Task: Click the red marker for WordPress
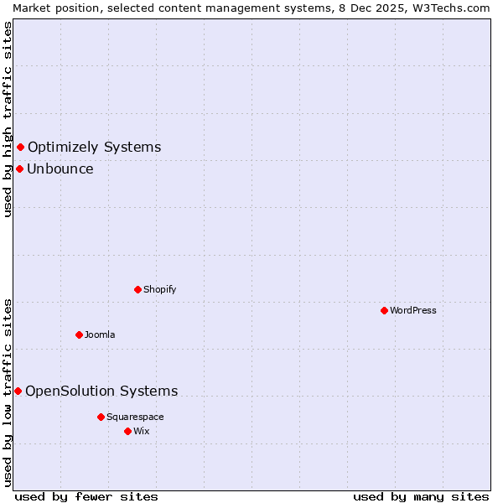(x=384, y=310)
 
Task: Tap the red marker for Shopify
(x=137, y=289)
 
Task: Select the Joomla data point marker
(x=79, y=334)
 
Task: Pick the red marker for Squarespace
(x=101, y=417)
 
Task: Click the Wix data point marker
(x=127, y=431)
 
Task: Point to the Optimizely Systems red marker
(x=20, y=148)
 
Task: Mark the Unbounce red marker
(x=19, y=169)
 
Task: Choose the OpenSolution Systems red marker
(x=18, y=391)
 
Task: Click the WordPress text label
(x=413, y=310)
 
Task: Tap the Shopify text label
(x=159, y=289)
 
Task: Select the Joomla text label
(x=100, y=334)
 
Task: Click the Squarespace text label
(x=135, y=417)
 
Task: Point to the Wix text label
(x=141, y=431)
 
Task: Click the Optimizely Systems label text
(x=94, y=148)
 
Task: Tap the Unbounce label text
(x=60, y=169)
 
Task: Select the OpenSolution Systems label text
(x=101, y=391)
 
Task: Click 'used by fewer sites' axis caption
(x=86, y=496)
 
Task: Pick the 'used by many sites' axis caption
(x=421, y=496)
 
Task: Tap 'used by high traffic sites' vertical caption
(x=8, y=119)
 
